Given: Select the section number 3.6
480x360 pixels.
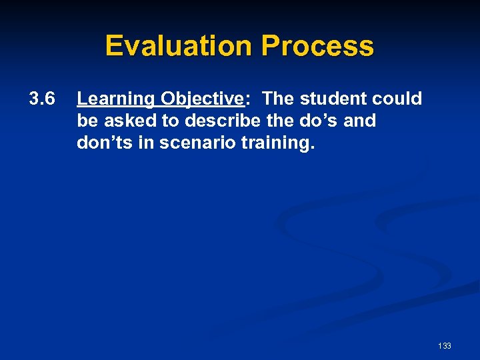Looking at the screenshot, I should [41, 99].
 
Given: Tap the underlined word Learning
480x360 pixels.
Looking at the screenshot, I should [115, 99].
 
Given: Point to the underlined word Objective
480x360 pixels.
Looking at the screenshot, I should [201, 99].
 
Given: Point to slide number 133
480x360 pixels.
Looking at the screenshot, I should [445, 345].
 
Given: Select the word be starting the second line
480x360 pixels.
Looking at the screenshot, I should [87, 121].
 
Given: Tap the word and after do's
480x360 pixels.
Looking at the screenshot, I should [361, 121].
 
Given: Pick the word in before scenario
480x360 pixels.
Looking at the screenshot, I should [145, 143].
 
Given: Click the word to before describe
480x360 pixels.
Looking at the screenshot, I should [161, 121].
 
